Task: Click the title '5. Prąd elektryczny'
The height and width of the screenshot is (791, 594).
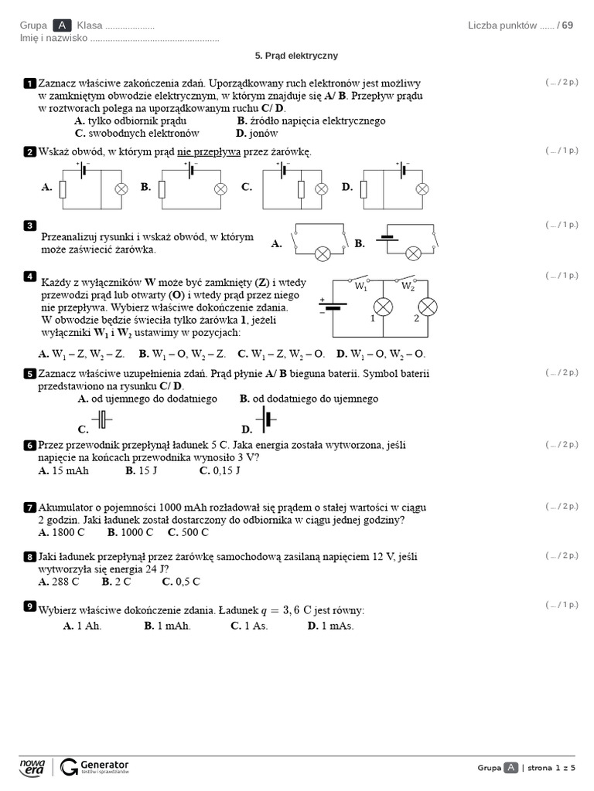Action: [296, 56]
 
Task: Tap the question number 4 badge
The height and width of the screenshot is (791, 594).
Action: [30, 276]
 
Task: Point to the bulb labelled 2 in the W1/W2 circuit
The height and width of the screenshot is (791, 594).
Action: [428, 307]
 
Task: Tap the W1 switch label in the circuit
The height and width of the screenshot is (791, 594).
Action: [361, 286]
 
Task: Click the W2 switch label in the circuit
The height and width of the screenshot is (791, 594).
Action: [408, 286]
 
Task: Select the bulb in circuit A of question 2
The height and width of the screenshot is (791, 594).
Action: [121, 188]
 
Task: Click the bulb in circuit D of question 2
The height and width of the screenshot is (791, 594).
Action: [422, 188]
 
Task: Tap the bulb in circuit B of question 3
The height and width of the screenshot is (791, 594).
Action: [414, 253]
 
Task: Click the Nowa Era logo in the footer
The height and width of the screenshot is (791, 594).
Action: [32, 766]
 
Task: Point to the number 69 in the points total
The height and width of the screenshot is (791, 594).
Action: [568, 25]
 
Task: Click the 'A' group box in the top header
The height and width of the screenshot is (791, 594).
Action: [63, 25]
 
